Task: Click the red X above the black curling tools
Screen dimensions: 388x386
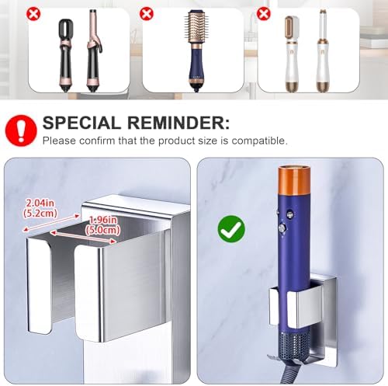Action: (x=33, y=14)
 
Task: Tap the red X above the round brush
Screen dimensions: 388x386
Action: (x=147, y=13)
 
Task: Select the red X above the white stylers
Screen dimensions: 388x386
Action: (x=263, y=13)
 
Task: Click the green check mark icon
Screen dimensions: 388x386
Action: (x=231, y=229)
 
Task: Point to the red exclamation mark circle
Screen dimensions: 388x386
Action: (x=21, y=130)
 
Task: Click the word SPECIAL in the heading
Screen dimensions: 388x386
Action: (x=81, y=123)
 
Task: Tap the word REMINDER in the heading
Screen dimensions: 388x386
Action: (x=178, y=123)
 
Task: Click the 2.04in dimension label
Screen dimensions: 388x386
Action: (x=40, y=203)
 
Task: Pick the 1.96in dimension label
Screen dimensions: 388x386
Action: (x=103, y=220)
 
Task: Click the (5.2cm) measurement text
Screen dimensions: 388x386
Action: (x=40, y=213)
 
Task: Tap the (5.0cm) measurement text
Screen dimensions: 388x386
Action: (x=103, y=230)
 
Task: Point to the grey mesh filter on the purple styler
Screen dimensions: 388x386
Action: (x=294, y=343)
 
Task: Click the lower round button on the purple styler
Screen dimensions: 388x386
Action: (x=282, y=228)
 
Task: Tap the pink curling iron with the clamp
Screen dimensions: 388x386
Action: (x=93, y=51)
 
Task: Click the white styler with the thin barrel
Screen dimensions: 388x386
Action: (x=322, y=51)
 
